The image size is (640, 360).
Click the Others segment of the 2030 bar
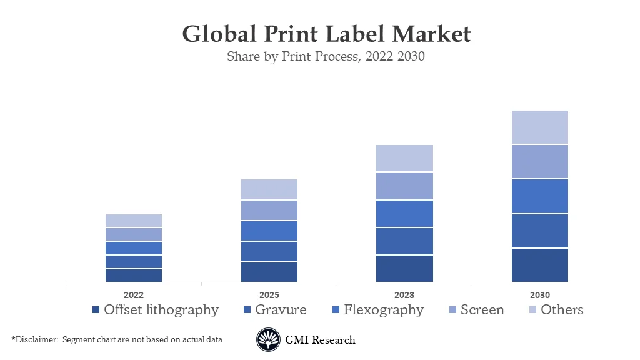click(x=539, y=127)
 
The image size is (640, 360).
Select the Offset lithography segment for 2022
click(x=134, y=276)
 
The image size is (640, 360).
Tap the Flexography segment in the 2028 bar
click(x=404, y=214)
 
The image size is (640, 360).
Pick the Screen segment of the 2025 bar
click(x=269, y=211)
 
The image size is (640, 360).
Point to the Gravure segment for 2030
click(x=539, y=231)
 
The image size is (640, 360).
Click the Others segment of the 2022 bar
click(x=134, y=221)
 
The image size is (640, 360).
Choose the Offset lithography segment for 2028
click(x=404, y=269)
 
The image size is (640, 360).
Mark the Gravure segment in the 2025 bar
click(x=269, y=252)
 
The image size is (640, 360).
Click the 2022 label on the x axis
click(x=134, y=295)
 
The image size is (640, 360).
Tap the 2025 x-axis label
click(x=269, y=295)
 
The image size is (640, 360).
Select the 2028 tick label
click(x=404, y=295)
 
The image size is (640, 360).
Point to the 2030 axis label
click(x=539, y=295)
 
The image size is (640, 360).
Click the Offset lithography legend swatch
click(x=96, y=310)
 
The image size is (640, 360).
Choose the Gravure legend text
click(x=281, y=310)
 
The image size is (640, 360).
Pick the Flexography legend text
click(x=383, y=310)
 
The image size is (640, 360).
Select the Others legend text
click(x=562, y=310)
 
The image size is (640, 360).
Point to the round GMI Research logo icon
click(x=268, y=340)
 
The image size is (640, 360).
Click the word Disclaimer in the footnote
click(x=37, y=339)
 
